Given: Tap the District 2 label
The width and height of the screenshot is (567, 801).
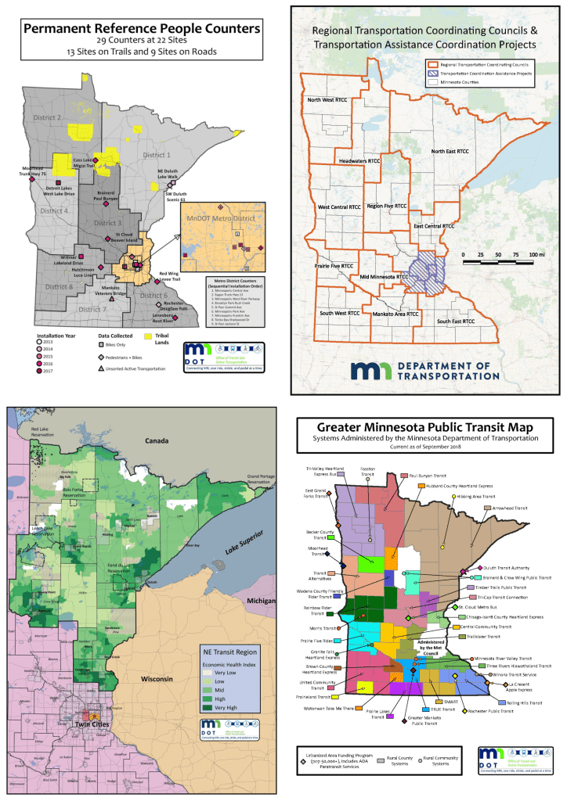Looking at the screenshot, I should click(48, 117).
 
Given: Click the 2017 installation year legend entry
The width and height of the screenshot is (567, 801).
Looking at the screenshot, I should click(51, 372).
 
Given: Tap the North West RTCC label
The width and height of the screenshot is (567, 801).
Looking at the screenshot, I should click(327, 100).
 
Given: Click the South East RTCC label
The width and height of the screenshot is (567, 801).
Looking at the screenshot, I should click(457, 321).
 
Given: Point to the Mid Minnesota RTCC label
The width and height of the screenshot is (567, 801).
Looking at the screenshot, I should click(385, 276).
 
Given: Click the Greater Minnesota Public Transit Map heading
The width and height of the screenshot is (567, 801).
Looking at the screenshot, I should click(424, 428).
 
